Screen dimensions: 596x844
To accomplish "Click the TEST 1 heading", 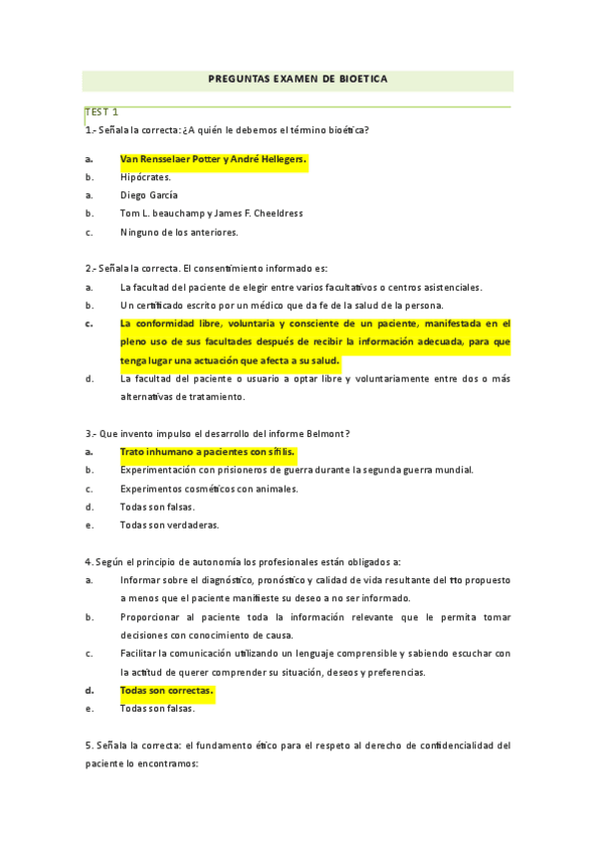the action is (x=101, y=111).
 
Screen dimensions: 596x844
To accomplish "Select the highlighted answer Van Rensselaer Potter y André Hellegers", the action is (x=213, y=159).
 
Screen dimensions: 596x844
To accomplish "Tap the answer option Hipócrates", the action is (x=145, y=177).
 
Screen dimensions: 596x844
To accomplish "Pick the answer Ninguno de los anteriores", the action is (x=179, y=232).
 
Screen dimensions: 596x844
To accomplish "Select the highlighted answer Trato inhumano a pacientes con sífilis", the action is (x=207, y=452).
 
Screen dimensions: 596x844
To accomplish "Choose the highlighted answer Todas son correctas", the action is (x=166, y=690).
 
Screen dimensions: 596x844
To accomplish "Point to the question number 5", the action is (x=88, y=744).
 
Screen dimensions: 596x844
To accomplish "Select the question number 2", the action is (x=88, y=269).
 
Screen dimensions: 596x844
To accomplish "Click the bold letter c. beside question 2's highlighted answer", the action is (x=90, y=323).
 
